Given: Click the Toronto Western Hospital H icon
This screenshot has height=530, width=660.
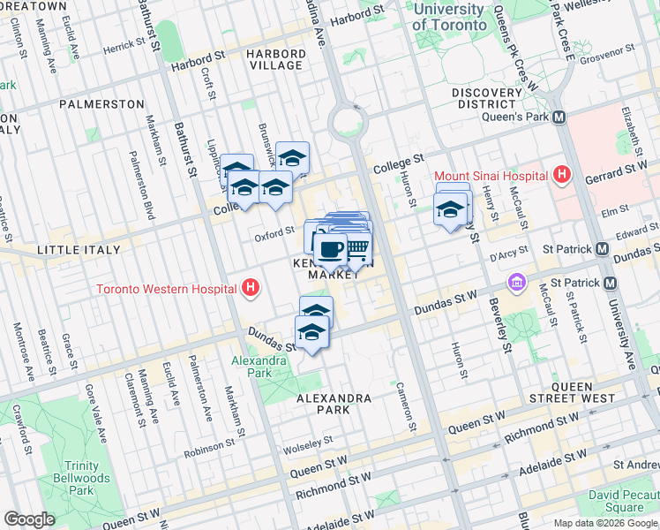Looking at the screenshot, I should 251,288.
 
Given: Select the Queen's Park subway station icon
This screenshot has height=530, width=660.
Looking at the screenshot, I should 559,117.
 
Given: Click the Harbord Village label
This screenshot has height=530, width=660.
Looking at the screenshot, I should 276,60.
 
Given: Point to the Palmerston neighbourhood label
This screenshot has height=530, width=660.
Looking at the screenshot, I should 101,104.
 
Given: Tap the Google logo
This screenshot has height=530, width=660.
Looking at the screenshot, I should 30,519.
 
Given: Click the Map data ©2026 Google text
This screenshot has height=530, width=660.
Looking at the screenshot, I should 605,523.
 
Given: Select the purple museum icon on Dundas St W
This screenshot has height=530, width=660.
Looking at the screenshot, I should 516,283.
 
